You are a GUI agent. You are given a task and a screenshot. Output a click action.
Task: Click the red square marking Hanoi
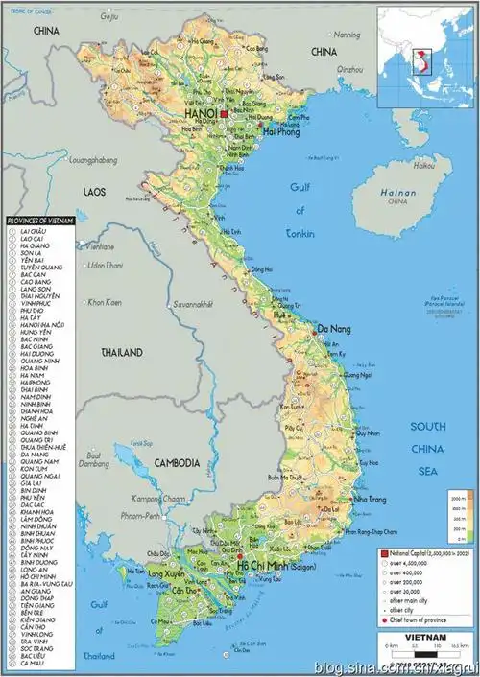(224, 113)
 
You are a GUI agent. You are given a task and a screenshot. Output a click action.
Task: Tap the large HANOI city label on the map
(199, 113)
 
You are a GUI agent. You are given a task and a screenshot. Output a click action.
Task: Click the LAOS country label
(94, 192)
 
